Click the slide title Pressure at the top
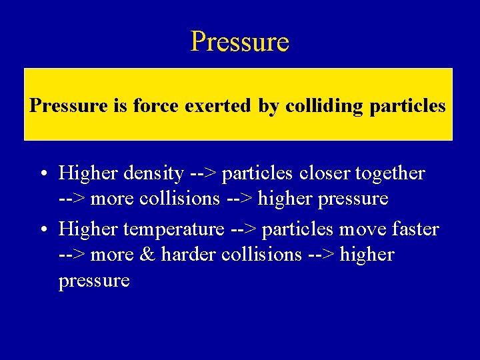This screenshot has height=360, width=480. (x=239, y=41)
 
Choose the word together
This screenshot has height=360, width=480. (x=392, y=174)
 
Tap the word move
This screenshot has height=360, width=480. (x=361, y=230)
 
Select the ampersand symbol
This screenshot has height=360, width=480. (x=149, y=255)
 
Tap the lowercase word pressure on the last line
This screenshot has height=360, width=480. (x=94, y=281)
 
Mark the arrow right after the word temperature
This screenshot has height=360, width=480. (x=243, y=230)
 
